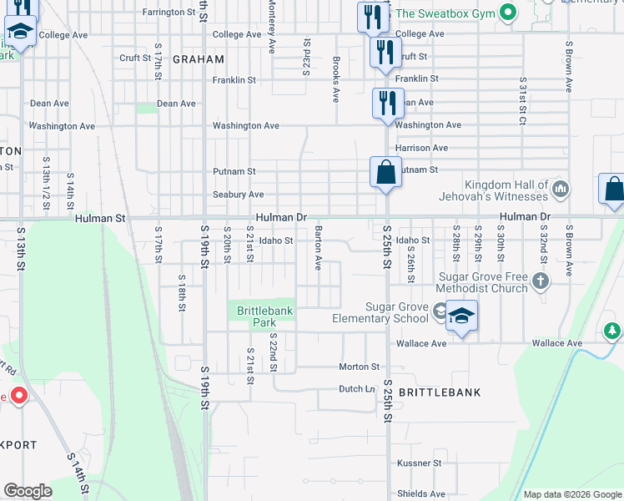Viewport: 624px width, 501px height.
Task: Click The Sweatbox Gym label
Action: click(x=445, y=13)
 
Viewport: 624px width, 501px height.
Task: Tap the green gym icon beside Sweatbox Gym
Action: click(x=506, y=13)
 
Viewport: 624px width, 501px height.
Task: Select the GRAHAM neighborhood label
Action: click(x=199, y=59)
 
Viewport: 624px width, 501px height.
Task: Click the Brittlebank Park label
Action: click(x=264, y=316)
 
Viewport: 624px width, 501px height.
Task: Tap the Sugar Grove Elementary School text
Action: click(x=380, y=313)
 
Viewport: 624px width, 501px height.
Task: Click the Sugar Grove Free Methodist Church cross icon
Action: click(x=541, y=281)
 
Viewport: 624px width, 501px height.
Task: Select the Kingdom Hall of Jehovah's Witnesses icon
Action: click(x=561, y=190)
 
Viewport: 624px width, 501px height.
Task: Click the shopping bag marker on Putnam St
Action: click(x=385, y=174)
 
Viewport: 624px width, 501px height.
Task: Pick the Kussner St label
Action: click(x=419, y=463)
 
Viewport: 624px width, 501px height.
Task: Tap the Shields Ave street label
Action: click(x=420, y=493)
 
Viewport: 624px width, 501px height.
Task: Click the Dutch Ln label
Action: click(x=356, y=388)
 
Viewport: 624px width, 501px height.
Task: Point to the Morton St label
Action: click(x=359, y=367)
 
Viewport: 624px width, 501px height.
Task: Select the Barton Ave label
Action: click(x=318, y=247)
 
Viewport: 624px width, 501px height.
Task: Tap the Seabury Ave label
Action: click(x=238, y=195)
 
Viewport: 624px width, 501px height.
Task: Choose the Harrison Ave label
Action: click(x=421, y=148)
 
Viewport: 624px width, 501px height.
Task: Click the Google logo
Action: click(x=27, y=491)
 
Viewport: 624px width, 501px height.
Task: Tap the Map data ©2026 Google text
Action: click(x=571, y=494)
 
